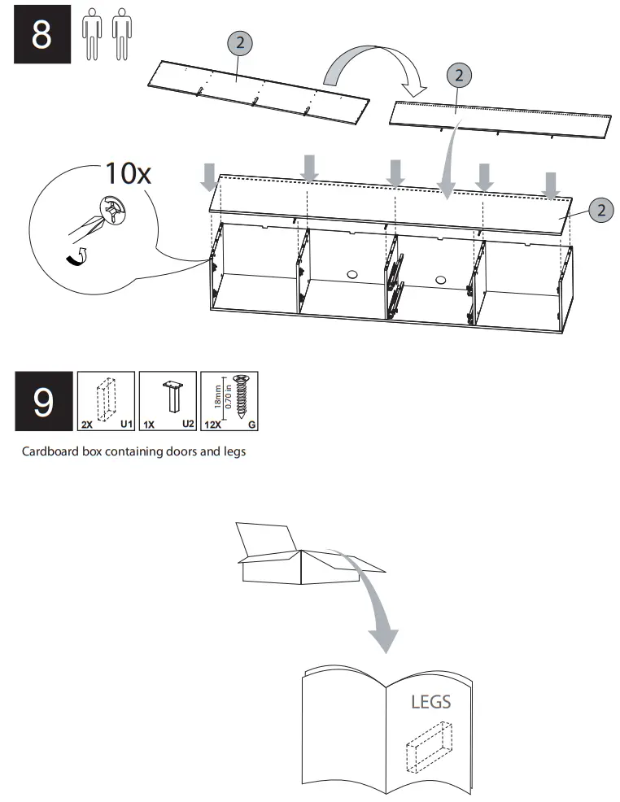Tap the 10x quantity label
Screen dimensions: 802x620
coord(128,173)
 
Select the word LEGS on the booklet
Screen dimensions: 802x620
coord(430,701)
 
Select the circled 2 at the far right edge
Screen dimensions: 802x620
coord(600,210)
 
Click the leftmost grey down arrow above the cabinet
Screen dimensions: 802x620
coord(209,175)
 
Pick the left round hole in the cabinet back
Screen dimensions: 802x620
coord(351,275)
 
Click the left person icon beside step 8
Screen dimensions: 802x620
coord(92,35)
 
